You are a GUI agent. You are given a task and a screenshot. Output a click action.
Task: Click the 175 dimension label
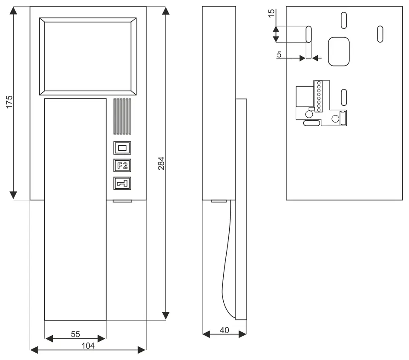pos(9,102)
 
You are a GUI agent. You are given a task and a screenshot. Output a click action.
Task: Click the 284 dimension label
pos(161,163)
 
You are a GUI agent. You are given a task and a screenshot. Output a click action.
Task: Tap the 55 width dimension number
pos(75,334)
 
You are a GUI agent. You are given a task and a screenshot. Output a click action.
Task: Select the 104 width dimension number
pos(88,346)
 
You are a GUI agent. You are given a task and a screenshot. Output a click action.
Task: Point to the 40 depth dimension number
pos(225,330)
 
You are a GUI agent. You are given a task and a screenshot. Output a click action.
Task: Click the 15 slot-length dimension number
pos(271,13)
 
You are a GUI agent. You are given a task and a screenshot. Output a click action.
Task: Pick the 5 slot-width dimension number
pos(279,55)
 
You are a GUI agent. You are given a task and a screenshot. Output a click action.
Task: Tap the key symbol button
pos(122,183)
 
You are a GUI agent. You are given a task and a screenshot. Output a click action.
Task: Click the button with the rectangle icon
pos(122,148)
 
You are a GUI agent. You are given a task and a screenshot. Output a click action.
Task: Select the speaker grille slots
pos(122,116)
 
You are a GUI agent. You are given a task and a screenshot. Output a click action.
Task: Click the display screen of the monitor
pos(88,56)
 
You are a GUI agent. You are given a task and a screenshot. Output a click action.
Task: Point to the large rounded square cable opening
pos(339,52)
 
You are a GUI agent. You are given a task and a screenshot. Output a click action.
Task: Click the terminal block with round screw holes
pos(319,96)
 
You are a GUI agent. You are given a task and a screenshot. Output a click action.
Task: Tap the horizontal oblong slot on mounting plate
pos(312,123)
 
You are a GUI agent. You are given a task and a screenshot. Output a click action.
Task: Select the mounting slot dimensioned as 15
pos(308,34)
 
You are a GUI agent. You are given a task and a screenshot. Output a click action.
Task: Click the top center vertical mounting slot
pos(344,20)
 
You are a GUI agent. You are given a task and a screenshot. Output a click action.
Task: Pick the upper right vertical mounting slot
pos(380,34)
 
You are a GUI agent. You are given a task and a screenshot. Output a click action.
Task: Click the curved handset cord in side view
pos(226,261)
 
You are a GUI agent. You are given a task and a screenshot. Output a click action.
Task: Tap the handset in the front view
pos(75,210)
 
